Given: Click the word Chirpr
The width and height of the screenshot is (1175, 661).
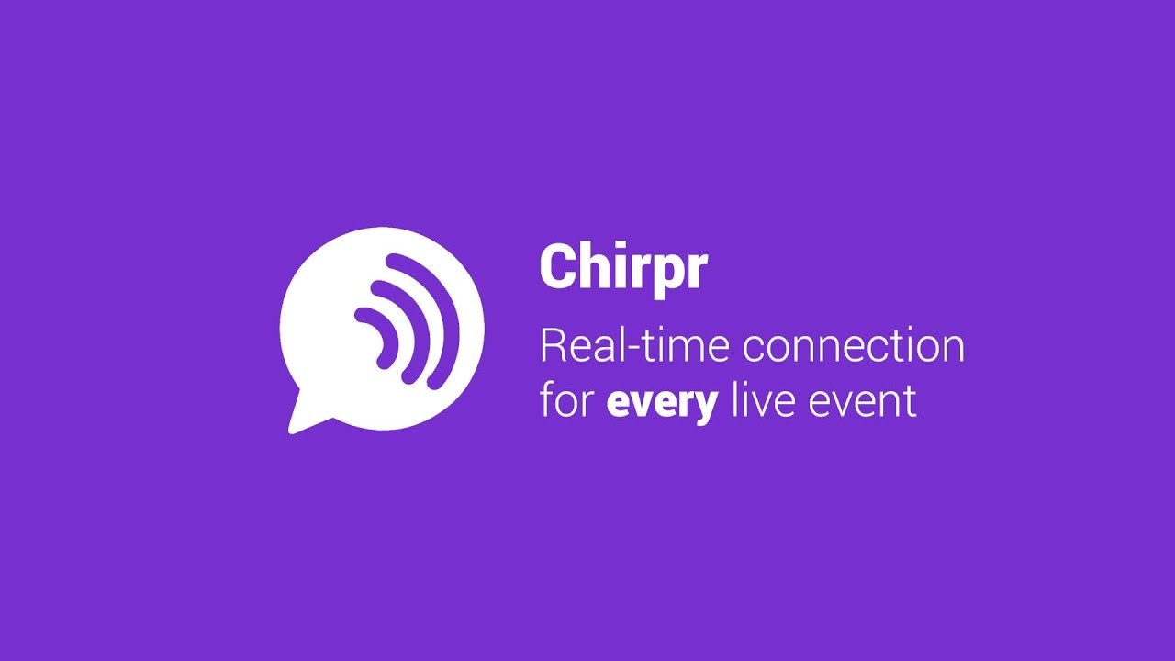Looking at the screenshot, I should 623,267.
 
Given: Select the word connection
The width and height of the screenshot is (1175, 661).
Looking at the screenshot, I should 854,347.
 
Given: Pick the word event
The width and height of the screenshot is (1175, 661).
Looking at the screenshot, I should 867,402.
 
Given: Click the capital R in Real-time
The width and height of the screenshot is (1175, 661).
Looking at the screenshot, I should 553,347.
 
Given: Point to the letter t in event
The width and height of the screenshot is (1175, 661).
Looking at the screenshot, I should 911,402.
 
